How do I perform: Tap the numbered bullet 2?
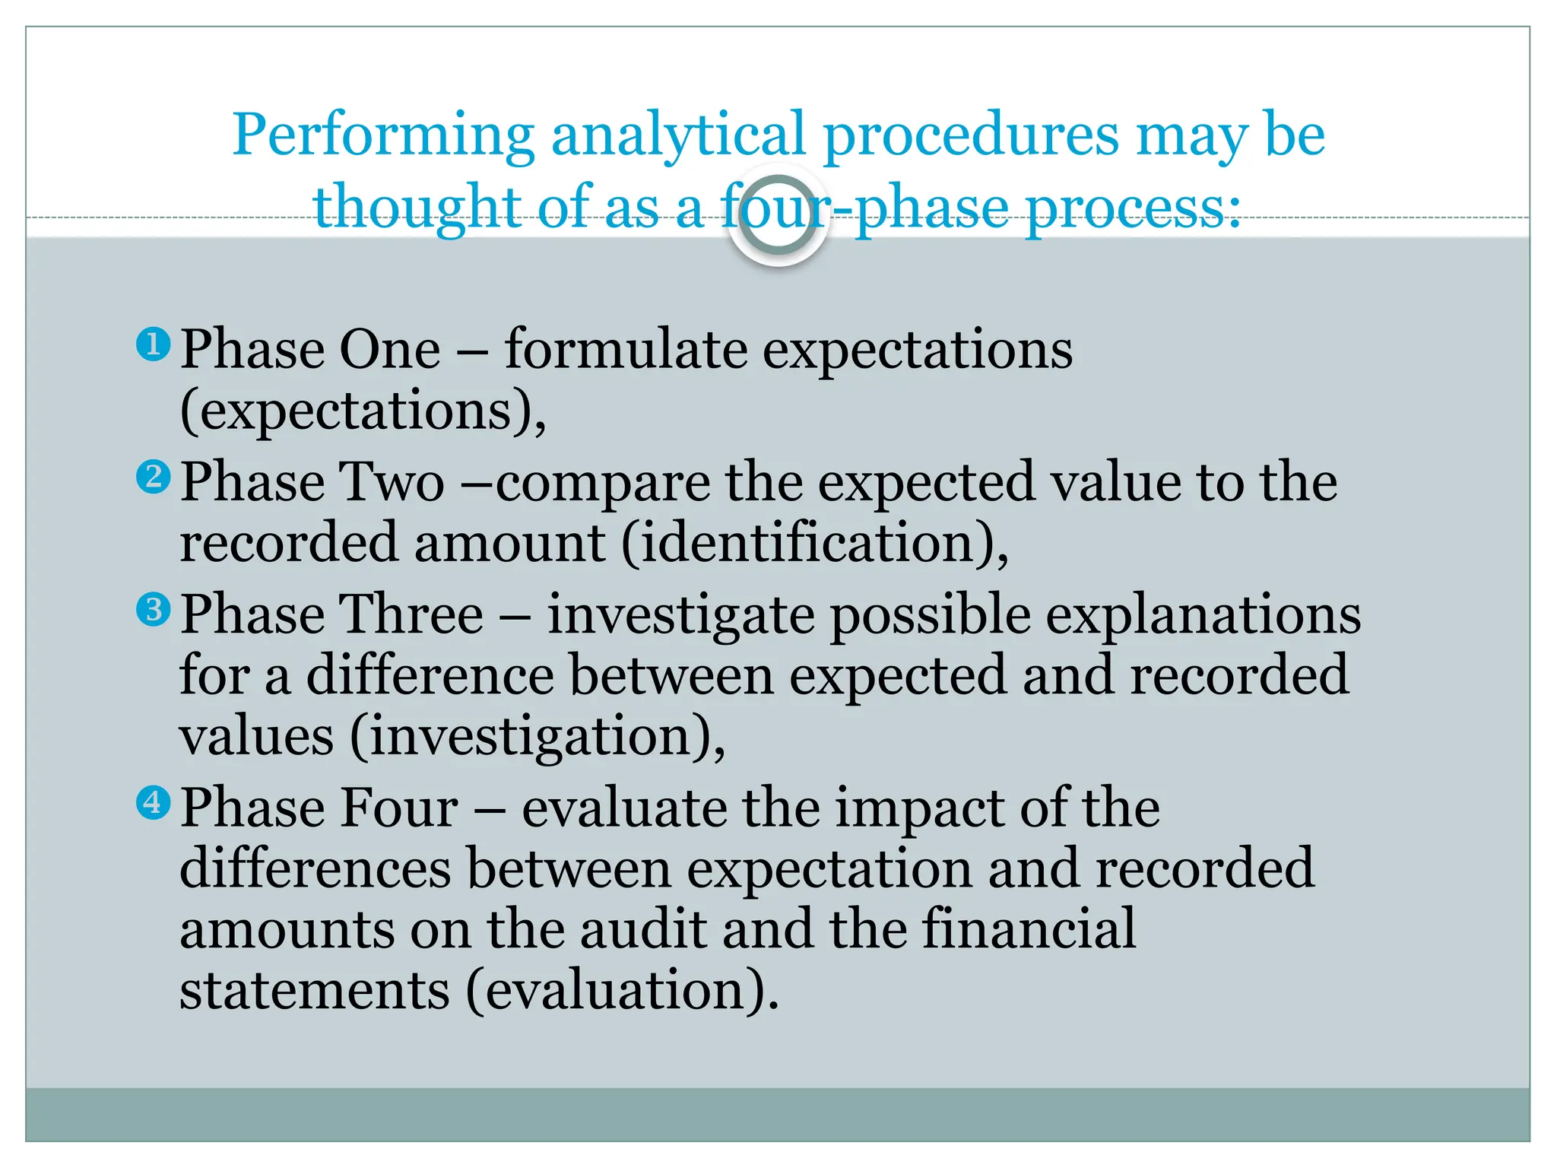[153, 478]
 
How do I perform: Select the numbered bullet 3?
[153, 609]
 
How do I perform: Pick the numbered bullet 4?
[153, 802]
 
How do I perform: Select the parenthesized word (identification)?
[815, 544]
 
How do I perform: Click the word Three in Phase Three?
[410, 614]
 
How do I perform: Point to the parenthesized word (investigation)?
[537, 737]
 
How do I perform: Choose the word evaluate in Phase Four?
[623, 808]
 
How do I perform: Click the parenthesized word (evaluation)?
[623, 991]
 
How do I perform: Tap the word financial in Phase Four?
[1029, 929]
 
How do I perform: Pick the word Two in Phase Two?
[388, 482]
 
